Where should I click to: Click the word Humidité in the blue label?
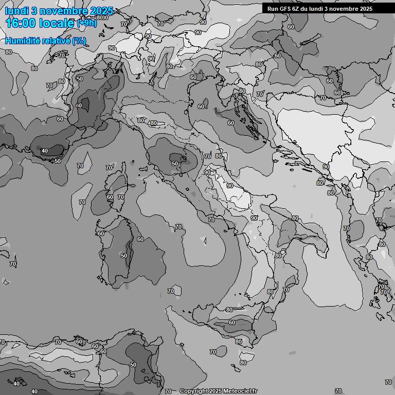tap(24, 41)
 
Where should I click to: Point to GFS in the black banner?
tap(286, 9)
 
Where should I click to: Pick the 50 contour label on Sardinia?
tap(123, 256)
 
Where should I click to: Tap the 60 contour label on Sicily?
tap(231, 322)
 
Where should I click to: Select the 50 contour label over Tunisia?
tap(133, 365)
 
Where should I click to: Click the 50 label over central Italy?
tap(175, 164)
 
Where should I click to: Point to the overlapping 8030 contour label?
tap(102, 17)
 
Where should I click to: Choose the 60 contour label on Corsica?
tap(110, 197)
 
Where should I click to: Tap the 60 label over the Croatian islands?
tap(230, 123)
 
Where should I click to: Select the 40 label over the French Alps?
tap(78, 105)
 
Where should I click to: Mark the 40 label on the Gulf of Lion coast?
tap(45, 151)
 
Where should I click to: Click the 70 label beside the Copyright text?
tap(168, 391)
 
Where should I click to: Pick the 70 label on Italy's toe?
tap(285, 290)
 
